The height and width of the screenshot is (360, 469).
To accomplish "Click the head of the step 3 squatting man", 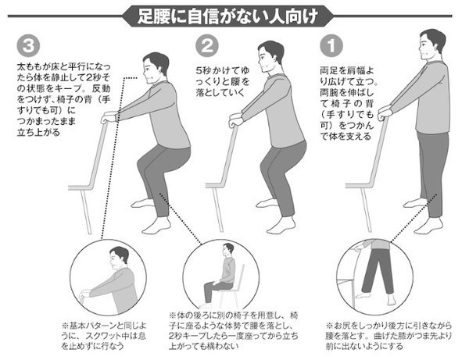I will point(155,68).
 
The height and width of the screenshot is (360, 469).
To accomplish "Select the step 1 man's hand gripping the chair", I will point(384,112).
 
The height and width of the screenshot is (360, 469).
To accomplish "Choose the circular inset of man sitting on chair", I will point(221,275).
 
